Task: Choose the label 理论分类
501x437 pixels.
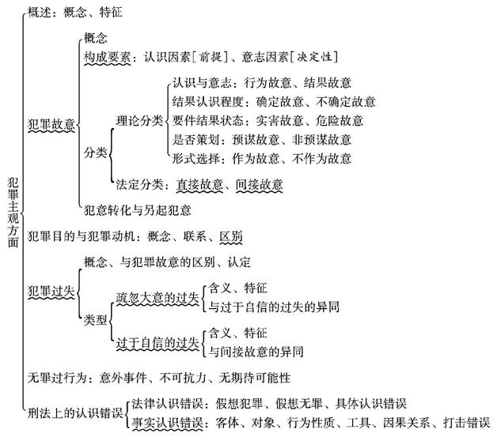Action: tap(139, 121)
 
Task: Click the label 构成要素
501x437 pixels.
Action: tap(108, 57)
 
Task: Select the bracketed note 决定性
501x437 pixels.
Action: tap(314, 57)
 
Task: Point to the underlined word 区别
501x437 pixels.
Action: tap(230, 236)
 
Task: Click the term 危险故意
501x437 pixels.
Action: tap(339, 121)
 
